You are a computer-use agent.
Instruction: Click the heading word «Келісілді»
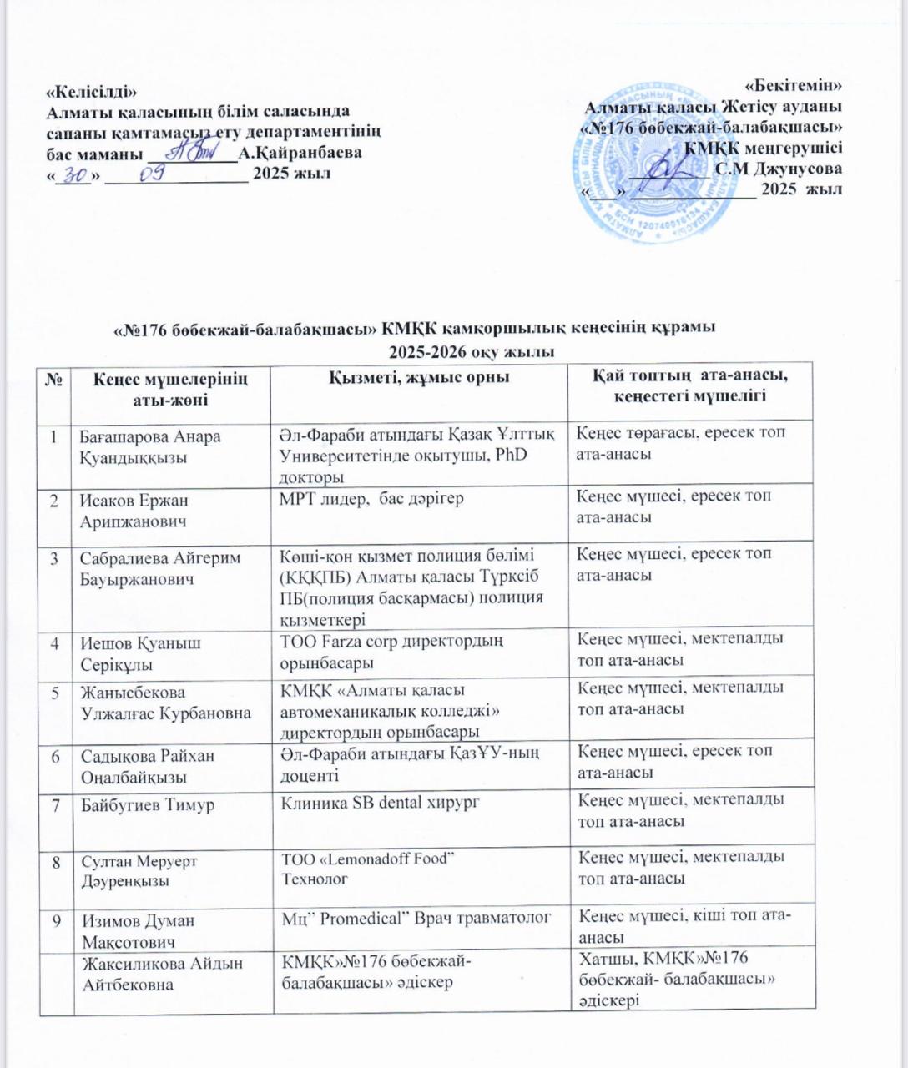pos(90,91)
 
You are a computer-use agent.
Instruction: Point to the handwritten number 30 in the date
pos(77,173)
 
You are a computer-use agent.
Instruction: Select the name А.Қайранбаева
pos(300,153)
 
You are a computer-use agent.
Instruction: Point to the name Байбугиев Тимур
pos(147,805)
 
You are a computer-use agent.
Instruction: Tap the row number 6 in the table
pos(54,756)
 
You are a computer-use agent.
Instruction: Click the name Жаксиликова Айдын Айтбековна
pos(161,974)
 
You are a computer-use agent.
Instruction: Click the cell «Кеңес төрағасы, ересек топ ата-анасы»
pos(680,443)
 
